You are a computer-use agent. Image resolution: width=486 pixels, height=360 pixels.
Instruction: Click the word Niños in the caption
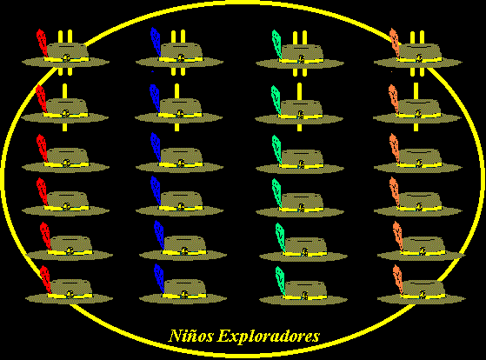coord(190,336)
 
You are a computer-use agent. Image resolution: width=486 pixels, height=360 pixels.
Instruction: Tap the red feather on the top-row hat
coord(41,41)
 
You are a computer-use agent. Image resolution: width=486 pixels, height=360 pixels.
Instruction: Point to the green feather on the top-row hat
coord(276,41)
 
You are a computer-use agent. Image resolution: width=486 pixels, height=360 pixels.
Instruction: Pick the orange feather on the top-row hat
coord(395,41)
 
